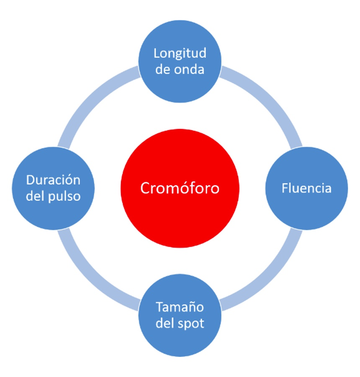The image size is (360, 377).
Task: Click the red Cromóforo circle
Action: pos(180,188)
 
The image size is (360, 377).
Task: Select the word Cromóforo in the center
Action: pos(180,188)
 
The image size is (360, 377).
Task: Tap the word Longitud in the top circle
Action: pos(180,53)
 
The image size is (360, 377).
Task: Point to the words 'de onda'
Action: pos(180,69)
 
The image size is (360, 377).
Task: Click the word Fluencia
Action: pos(306,188)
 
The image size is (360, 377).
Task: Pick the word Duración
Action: pos(53,180)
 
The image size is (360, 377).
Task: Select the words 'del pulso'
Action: pos(53,196)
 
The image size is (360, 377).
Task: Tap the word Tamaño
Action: pos(180,307)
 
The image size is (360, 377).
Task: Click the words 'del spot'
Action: pos(180,323)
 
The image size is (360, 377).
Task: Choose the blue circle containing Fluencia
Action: pos(306,188)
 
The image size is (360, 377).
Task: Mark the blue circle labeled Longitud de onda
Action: pos(180,61)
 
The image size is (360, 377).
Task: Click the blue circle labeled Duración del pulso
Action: pos(53,188)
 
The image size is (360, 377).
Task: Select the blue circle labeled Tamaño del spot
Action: pos(180,315)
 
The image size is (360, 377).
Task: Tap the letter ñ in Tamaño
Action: pos(190,307)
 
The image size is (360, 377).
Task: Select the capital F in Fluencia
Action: pos(285,188)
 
